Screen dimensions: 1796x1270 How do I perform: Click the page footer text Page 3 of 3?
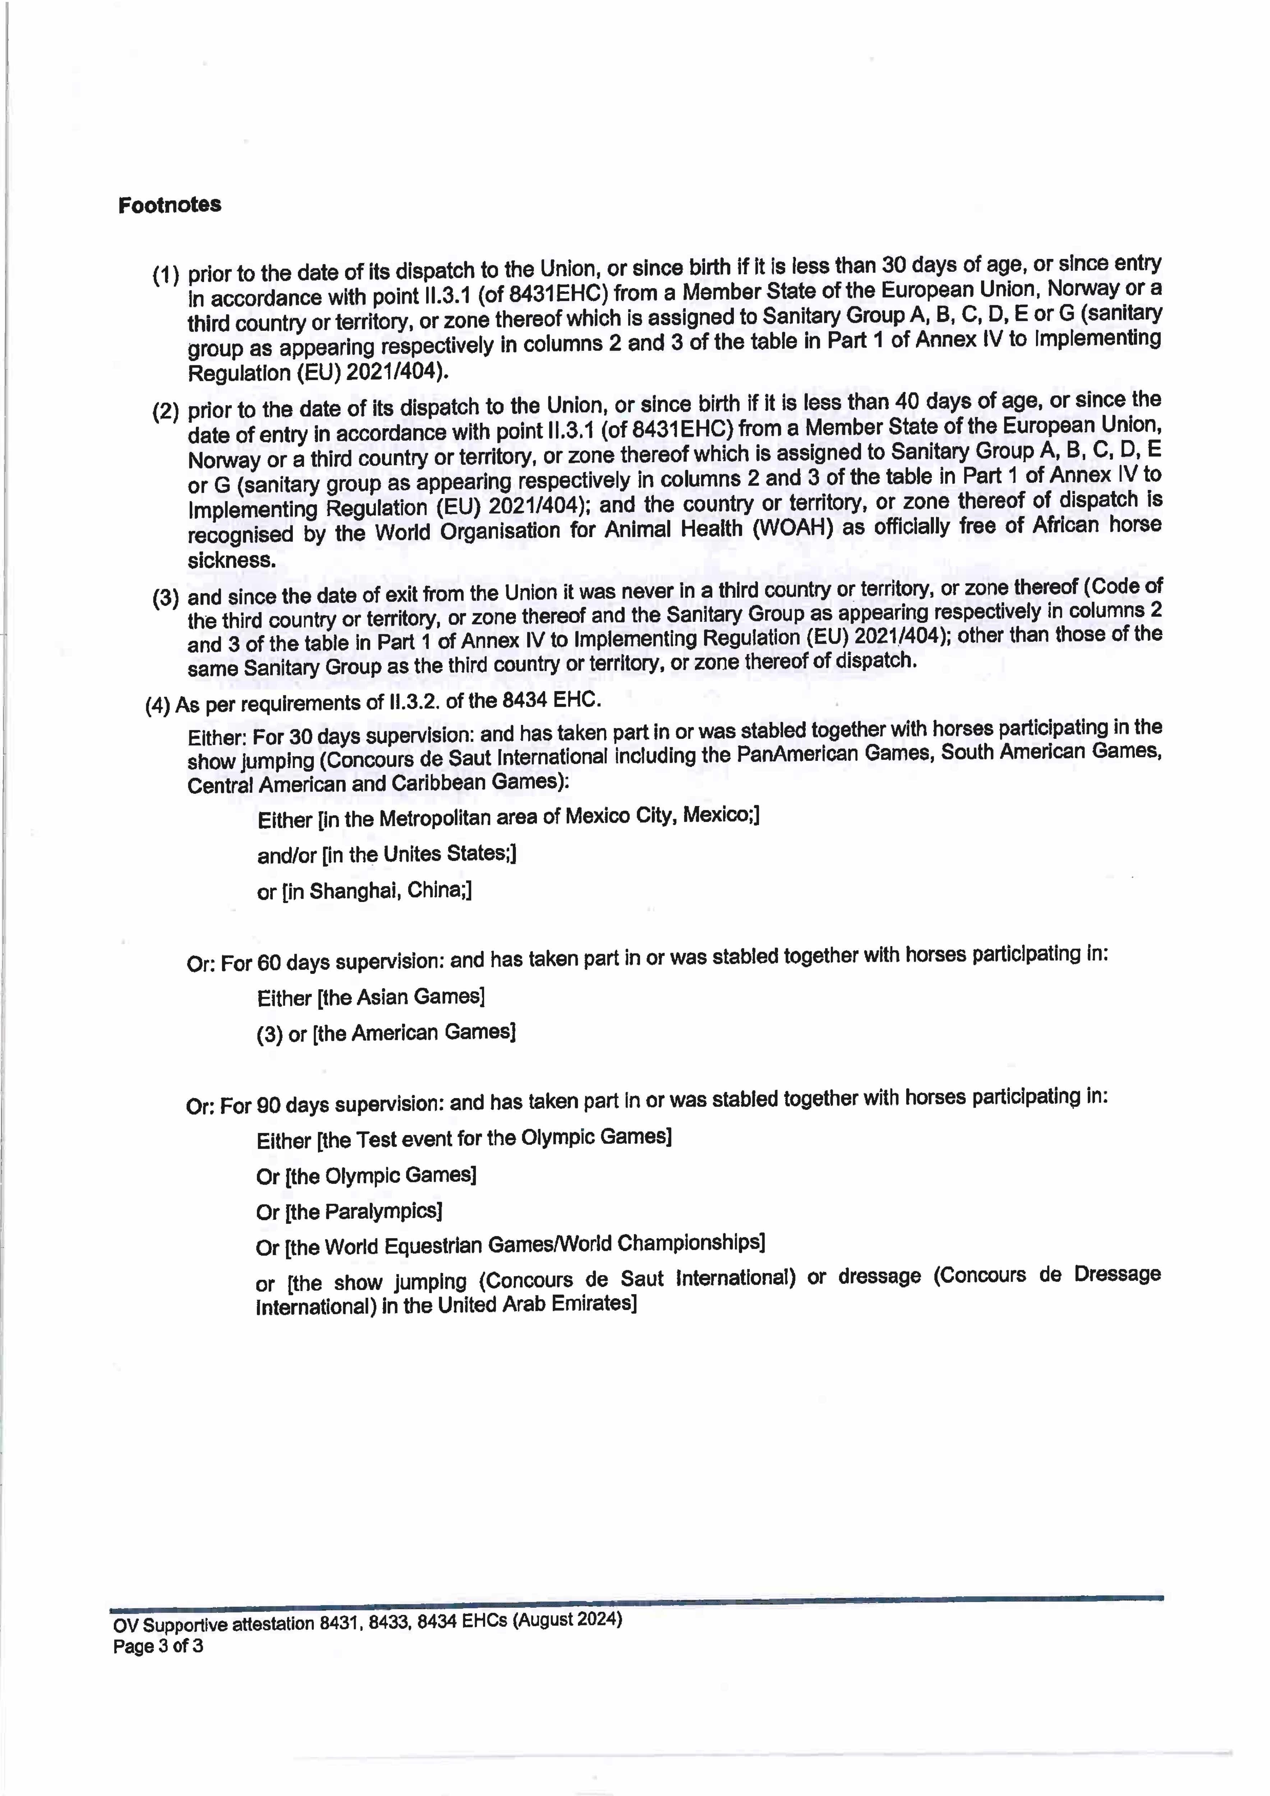point(158,1647)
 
